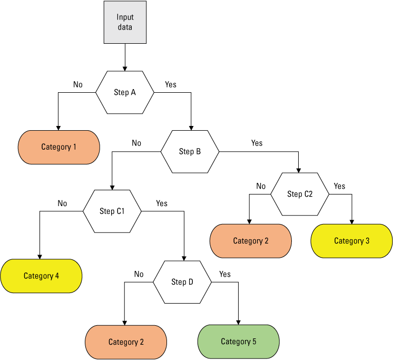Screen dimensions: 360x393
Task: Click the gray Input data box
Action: pyautogui.click(x=125, y=22)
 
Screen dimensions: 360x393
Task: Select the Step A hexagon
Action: pyautogui.click(x=125, y=92)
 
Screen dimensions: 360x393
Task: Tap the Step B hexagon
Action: pyautogui.click(x=190, y=151)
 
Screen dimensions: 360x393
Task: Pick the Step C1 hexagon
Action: pyautogui.click(x=112, y=211)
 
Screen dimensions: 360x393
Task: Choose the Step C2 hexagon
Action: pyautogui.click(x=300, y=194)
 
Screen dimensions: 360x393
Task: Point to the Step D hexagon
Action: pyautogui.click(x=182, y=282)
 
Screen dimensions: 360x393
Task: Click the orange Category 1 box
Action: pyautogui.click(x=59, y=147)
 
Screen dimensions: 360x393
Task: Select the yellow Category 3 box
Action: pyautogui.click(x=351, y=241)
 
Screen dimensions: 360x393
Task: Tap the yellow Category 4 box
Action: pyautogui.click(x=41, y=276)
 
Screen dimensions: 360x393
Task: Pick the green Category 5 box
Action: pyautogui.click(x=238, y=342)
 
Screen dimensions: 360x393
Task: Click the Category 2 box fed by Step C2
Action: pyautogui.click(x=251, y=241)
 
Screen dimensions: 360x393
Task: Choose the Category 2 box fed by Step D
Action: pyautogui.click(x=126, y=342)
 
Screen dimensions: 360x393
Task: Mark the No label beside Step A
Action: pyautogui.click(x=78, y=84)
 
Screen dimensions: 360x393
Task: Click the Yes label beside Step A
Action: pyautogui.click(x=171, y=84)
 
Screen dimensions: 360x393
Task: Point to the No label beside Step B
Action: pyautogui.click(x=136, y=143)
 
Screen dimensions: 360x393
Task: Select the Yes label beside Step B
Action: pyautogui.click(x=257, y=143)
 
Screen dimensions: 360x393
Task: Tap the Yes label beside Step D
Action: pyautogui.click(x=225, y=274)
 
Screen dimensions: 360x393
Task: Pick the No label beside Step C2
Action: pyautogui.click(x=261, y=186)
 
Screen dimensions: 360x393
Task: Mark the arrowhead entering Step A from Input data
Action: pyautogui.click(x=125, y=68)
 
